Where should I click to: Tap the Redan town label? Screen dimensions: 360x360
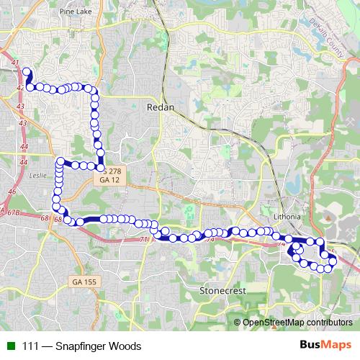(x=159, y=106)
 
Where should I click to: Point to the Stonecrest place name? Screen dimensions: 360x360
(x=223, y=290)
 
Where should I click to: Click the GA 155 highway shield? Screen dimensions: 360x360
(x=83, y=281)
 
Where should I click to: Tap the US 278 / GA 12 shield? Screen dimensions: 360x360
(x=110, y=176)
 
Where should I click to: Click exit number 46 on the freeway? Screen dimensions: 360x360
(x=11, y=192)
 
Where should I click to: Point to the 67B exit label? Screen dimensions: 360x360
(x=14, y=212)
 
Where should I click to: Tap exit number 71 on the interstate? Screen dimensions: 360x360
(x=144, y=239)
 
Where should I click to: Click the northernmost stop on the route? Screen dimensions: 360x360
(x=27, y=72)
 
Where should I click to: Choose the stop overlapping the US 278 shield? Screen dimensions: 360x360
(x=102, y=166)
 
